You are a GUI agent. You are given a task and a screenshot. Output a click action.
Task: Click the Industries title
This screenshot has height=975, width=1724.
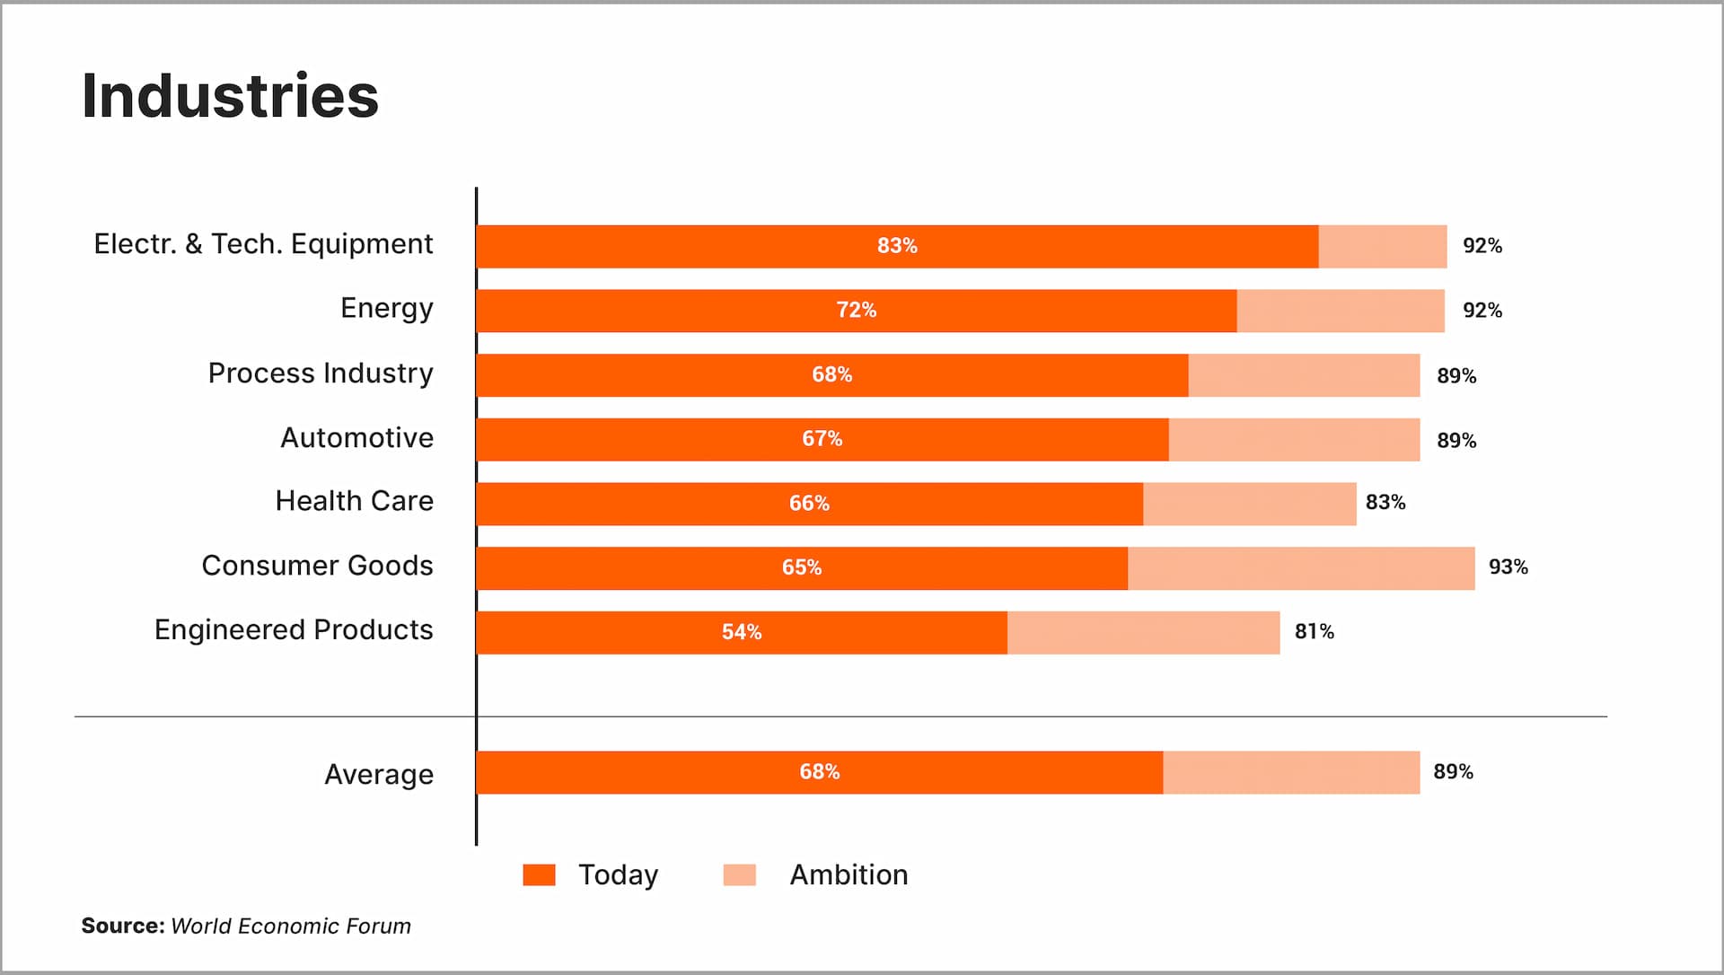[230, 96]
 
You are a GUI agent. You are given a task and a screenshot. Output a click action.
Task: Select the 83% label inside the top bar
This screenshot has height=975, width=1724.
[896, 246]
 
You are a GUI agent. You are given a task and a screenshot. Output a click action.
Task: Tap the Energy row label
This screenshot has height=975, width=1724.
[386, 309]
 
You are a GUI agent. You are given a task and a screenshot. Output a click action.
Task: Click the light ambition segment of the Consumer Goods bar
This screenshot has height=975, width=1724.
[1300, 568]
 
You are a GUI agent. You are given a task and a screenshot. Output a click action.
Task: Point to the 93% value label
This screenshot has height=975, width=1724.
[1508, 567]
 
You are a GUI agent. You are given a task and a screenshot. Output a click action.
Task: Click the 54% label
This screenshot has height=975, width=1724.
[741, 632]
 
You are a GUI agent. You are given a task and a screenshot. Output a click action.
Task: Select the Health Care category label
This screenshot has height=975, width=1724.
[354, 501]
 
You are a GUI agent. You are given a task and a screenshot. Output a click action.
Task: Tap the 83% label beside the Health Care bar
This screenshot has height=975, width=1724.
[1385, 503]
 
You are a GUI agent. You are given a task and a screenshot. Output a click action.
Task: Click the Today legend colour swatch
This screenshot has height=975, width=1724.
[539, 875]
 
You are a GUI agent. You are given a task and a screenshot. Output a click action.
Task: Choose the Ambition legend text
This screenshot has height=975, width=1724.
[849, 875]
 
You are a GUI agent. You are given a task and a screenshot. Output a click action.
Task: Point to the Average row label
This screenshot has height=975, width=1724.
[378, 774]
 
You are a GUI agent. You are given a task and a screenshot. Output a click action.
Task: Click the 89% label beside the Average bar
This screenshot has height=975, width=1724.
[1452, 772]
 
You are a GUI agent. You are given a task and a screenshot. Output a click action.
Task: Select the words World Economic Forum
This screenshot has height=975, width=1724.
[290, 927]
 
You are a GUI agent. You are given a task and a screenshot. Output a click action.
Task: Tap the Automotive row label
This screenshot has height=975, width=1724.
[356, 438]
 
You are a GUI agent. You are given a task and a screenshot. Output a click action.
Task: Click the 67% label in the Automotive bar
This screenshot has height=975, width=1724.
[822, 439]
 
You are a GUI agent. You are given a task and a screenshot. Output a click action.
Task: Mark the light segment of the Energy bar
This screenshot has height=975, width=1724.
[1340, 311]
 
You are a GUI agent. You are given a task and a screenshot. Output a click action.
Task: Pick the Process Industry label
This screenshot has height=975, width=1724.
[320, 373]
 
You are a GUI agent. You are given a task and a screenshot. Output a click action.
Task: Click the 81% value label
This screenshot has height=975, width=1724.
[1314, 632]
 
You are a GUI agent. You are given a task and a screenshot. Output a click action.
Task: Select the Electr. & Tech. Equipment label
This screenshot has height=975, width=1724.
[263, 244]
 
